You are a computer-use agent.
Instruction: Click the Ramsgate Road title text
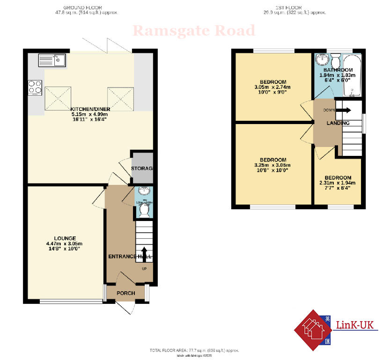[194, 31]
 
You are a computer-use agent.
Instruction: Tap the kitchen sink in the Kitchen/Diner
[52, 60]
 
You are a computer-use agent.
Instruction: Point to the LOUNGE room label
[65, 238]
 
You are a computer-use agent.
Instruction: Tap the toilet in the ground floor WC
[144, 212]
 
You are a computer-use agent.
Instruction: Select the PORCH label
[125, 294]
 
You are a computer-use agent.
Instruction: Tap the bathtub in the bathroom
[352, 75]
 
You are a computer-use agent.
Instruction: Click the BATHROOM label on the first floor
[338, 70]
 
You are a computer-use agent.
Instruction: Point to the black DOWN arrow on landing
[345, 110]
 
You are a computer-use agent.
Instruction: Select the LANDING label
[338, 123]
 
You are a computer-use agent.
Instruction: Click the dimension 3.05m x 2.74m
[272, 87]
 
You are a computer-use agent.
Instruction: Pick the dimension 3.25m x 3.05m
[272, 165]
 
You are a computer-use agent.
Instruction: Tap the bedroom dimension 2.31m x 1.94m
[338, 183]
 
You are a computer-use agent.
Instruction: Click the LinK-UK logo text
[357, 324]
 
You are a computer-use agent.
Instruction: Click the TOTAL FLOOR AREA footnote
[194, 350]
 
